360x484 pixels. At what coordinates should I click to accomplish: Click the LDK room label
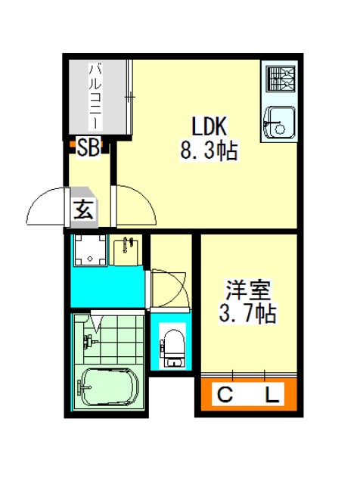click(x=209, y=126)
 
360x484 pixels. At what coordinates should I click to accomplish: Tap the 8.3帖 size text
click(x=209, y=150)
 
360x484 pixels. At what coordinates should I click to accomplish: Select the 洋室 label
click(x=248, y=290)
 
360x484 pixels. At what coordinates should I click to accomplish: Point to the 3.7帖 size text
click(x=247, y=313)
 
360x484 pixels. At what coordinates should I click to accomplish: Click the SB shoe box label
click(x=88, y=147)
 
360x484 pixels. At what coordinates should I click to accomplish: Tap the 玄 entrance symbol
click(x=83, y=209)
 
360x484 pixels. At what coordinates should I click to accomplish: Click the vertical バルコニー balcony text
click(x=95, y=96)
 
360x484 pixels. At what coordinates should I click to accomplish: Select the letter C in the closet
click(x=225, y=395)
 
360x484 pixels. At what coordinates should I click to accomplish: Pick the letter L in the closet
click(x=272, y=395)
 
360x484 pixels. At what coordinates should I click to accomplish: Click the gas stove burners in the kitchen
click(x=281, y=79)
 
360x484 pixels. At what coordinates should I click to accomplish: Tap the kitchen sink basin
click(x=279, y=122)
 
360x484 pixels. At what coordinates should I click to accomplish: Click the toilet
click(x=172, y=348)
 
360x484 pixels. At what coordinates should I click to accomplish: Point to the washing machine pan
click(x=90, y=250)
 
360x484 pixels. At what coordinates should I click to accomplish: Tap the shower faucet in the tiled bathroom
click(x=89, y=341)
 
